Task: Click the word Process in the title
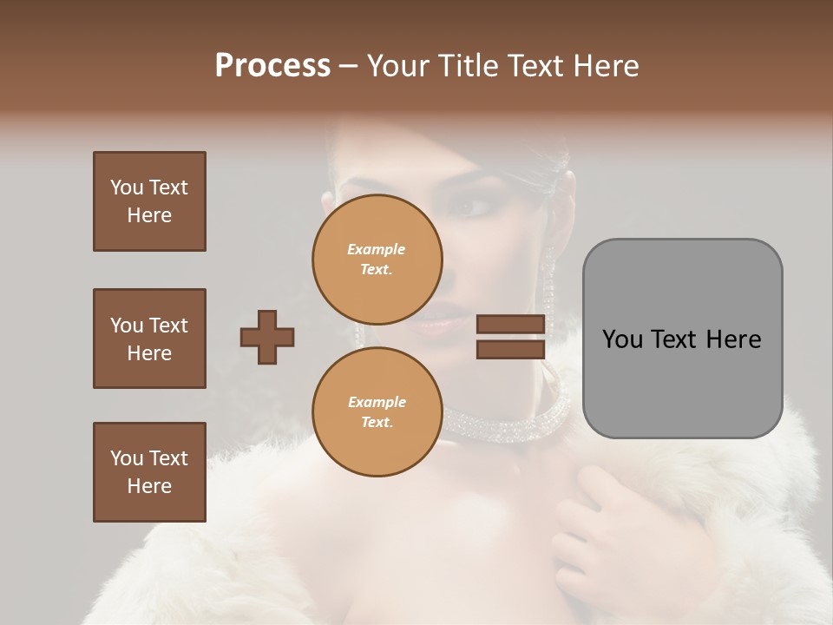pyautogui.click(x=272, y=66)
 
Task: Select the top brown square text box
pyautogui.click(x=149, y=201)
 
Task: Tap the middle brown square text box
pyautogui.click(x=149, y=339)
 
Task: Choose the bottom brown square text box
pyautogui.click(x=149, y=472)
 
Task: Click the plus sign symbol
pyautogui.click(x=267, y=337)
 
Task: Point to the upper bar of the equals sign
pyautogui.click(x=510, y=324)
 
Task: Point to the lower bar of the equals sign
pyautogui.click(x=510, y=350)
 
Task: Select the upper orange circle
pyautogui.click(x=377, y=259)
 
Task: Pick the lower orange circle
pyautogui.click(x=377, y=411)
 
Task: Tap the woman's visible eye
pyautogui.click(x=471, y=208)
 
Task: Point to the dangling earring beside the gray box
pyautogui.click(x=549, y=286)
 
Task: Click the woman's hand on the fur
pyautogui.click(x=599, y=512)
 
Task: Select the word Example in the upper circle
pyautogui.click(x=377, y=249)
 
